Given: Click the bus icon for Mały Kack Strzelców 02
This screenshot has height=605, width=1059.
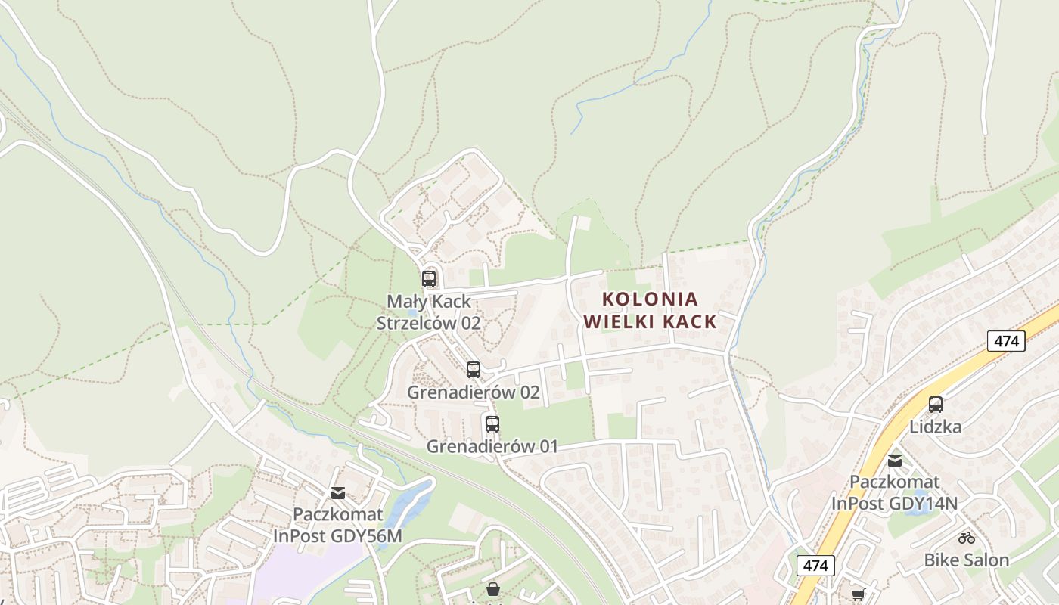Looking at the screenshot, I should (429, 279).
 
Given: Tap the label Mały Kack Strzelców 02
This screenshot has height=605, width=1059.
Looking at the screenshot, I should (429, 312).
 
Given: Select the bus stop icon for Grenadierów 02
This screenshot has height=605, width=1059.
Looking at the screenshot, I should (474, 370).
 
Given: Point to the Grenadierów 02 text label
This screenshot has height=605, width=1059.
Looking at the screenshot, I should (474, 392).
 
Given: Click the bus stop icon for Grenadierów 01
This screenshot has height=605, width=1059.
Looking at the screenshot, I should (492, 424).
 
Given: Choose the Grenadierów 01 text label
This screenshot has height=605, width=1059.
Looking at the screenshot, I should (492, 447).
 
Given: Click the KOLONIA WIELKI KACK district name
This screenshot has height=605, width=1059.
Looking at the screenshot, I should (651, 310).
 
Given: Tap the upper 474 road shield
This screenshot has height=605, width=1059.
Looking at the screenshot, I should (1006, 341).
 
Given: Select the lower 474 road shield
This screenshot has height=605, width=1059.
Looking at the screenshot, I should (815, 565).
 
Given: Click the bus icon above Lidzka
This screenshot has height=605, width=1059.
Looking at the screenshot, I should (936, 405).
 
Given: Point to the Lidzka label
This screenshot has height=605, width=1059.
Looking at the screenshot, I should (936, 427).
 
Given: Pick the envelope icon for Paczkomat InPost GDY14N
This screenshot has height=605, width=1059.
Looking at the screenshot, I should (895, 460).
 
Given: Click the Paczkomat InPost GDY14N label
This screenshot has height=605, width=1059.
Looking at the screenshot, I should (895, 492).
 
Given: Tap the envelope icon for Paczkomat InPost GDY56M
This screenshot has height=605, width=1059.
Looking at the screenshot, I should (338, 493).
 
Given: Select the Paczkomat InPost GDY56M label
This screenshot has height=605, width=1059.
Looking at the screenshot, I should (338, 526).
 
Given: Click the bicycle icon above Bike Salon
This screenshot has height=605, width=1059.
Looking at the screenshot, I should (967, 538).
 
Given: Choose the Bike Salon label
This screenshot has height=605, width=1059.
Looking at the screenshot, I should (967, 560).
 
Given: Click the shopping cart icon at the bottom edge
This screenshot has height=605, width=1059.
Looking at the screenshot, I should (858, 596).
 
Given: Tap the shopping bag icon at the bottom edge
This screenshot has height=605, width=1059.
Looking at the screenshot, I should (493, 589).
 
